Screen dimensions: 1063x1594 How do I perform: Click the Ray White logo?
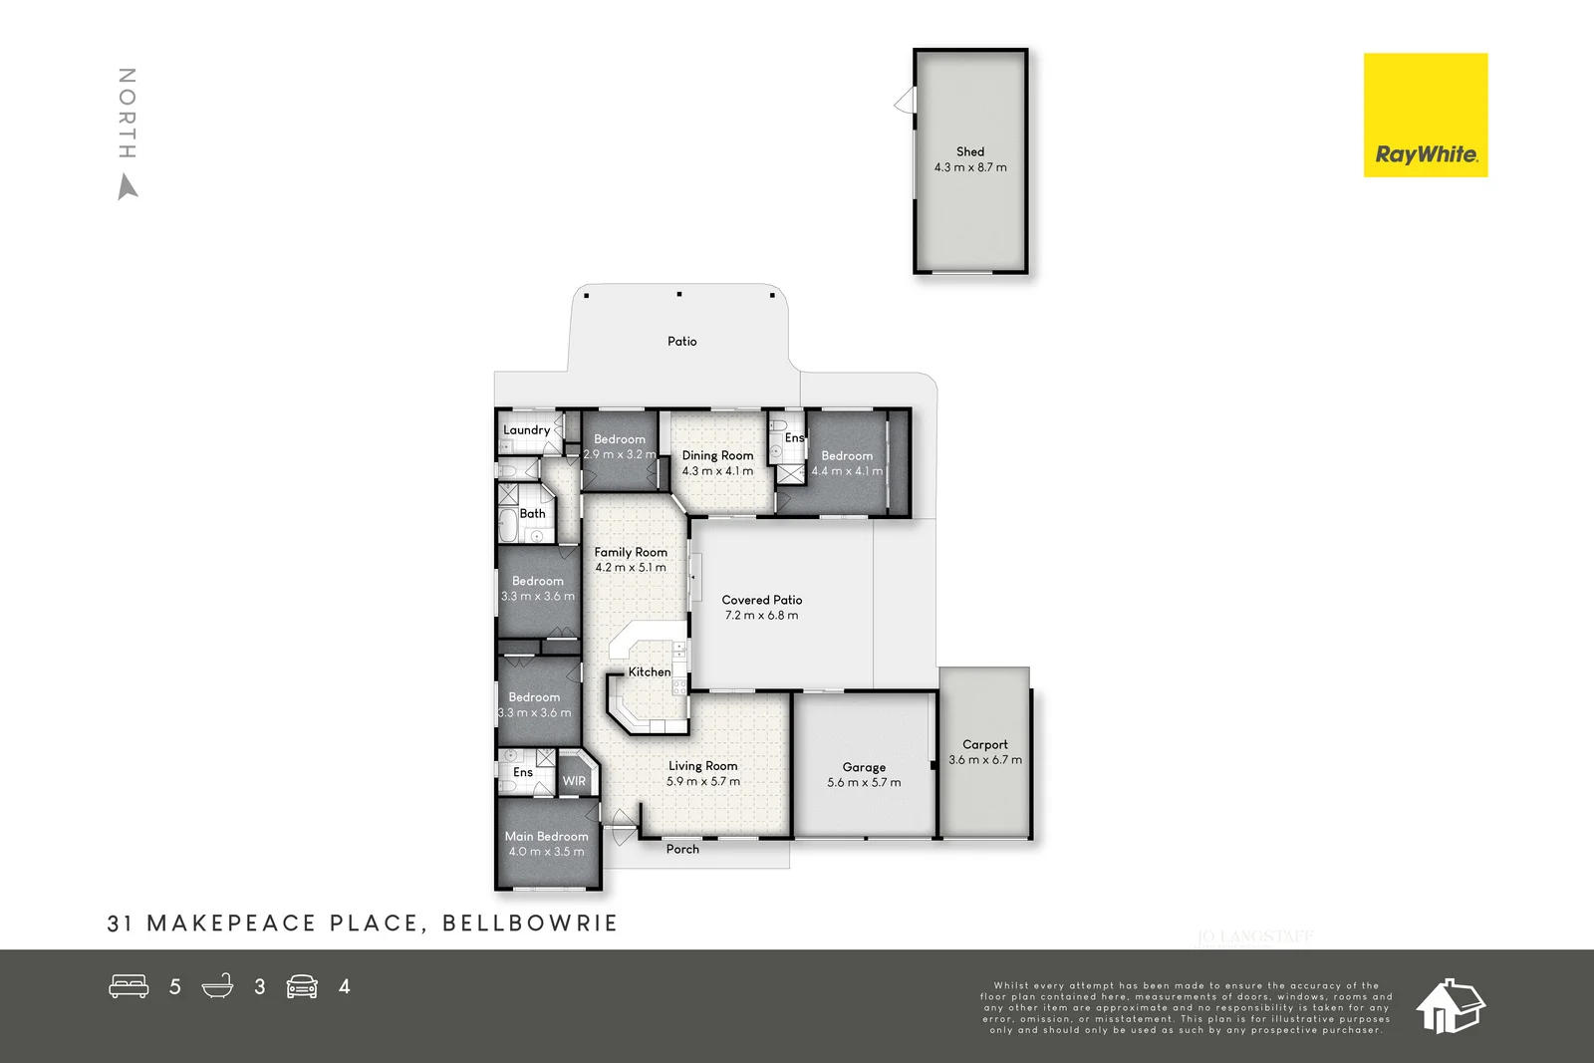coord(1425,116)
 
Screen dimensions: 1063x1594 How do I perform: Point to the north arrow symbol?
coord(128,187)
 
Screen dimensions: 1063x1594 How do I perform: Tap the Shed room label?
coord(970,152)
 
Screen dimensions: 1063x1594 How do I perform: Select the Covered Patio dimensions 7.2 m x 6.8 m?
coord(761,616)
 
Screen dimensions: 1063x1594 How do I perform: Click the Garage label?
coord(864,767)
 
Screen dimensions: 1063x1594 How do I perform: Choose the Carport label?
coord(985,744)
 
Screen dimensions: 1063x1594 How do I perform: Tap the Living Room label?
coord(703,766)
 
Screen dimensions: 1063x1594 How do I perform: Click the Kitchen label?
coord(650,672)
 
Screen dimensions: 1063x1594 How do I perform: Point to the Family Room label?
coord(631,552)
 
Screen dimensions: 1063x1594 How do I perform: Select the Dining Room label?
coord(717,455)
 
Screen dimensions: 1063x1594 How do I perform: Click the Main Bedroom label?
coord(546,837)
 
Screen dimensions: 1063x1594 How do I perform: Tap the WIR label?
coord(574,781)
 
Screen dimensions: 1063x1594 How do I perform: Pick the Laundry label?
coord(526,430)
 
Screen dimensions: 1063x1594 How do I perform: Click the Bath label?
coord(532,514)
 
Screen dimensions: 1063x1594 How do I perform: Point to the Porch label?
coord(682,849)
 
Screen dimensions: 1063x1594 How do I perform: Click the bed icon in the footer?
coord(129,986)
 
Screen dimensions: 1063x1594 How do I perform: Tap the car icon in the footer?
coord(302,986)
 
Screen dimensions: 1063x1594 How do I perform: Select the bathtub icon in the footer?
coord(217,986)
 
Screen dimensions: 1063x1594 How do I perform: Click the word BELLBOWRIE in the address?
coord(530,924)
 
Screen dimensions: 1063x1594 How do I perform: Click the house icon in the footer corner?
coord(1451,1005)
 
